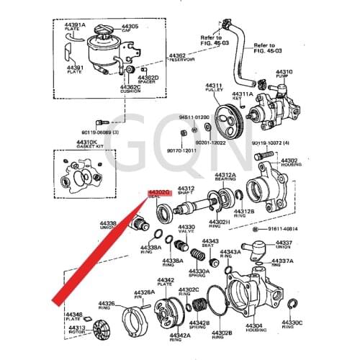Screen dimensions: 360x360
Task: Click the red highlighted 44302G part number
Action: pos(158,194)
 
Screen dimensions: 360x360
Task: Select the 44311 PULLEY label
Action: pos(214,88)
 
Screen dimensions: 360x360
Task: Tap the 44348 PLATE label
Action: pos(73,317)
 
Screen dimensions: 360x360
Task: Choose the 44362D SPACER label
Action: pos(148,79)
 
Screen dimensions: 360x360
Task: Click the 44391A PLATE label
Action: pos(76,27)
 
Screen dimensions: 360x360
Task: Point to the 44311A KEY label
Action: pos(242,96)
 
